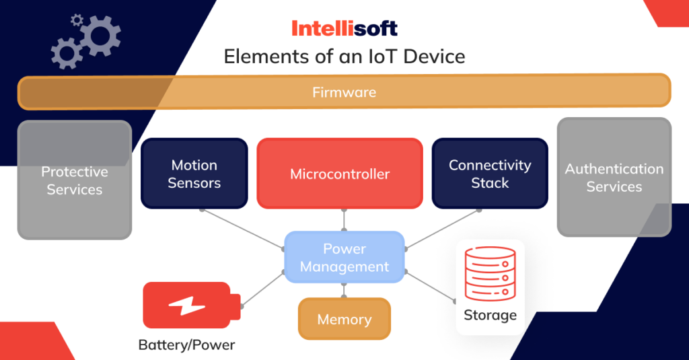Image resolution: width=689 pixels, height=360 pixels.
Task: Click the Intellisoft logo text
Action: click(344, 28)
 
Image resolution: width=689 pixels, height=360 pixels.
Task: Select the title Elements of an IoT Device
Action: click(344, 57)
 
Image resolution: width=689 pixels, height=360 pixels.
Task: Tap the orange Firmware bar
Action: click(344, 92)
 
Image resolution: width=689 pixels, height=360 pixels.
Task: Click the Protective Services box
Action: click(74, 180)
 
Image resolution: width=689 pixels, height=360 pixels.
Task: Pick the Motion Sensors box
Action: click(194, 174)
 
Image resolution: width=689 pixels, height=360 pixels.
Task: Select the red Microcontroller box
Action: click(340, 174)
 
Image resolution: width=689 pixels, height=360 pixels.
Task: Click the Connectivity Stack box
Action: click(489, 174)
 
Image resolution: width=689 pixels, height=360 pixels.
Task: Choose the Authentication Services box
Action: click(614, 178)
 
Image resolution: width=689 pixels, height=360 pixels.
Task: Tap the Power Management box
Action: click(344, 258)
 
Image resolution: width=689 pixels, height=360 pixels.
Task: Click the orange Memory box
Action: click(344, 320)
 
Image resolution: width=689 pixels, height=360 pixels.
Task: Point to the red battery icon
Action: click(189, 305)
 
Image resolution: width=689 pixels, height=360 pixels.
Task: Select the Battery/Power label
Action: click(186, 345)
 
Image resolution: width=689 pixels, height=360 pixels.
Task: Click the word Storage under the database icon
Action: click(490, 315)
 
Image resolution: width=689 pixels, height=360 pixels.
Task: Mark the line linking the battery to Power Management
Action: click(263, 289)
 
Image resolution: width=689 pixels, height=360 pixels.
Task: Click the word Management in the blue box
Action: click(344, 267)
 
